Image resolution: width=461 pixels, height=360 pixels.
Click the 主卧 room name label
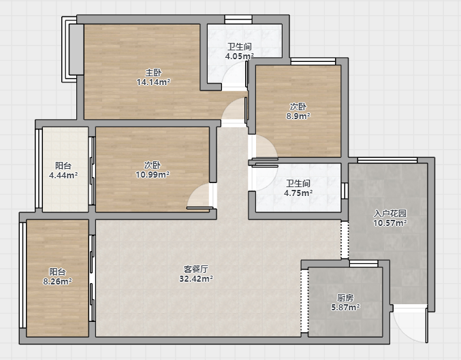coord(153,72)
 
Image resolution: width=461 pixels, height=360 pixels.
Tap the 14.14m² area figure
coord(153,82)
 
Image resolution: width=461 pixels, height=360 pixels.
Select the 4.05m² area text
coord(239,56)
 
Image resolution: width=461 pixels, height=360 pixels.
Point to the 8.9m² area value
coord(298,116)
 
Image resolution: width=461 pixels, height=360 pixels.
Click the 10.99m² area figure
coord(153,175)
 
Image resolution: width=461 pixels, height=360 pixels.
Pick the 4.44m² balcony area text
coord(63,176)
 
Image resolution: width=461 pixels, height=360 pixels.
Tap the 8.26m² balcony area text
coord(58,282)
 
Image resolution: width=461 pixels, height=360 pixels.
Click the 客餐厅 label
coord(196,269)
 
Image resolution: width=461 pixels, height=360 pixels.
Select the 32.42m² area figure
coord(196,278)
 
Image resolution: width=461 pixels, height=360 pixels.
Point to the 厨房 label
coord(345,297)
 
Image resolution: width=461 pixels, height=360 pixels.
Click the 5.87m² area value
coord(345,308)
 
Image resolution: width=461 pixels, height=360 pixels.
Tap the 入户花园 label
coord(390,213)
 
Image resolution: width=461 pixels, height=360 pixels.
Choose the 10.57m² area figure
coord(390,223)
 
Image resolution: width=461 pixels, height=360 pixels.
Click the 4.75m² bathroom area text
coord(298,193)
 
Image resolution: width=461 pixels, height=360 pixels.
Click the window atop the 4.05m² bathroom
coord(238,20)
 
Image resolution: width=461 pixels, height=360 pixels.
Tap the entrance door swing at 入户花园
coord(410,323)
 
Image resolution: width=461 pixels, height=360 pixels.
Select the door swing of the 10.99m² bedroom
coord(198,196)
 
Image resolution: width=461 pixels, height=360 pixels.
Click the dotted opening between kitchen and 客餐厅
coord(304,301)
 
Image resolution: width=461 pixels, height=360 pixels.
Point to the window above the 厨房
coord(364,263)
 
